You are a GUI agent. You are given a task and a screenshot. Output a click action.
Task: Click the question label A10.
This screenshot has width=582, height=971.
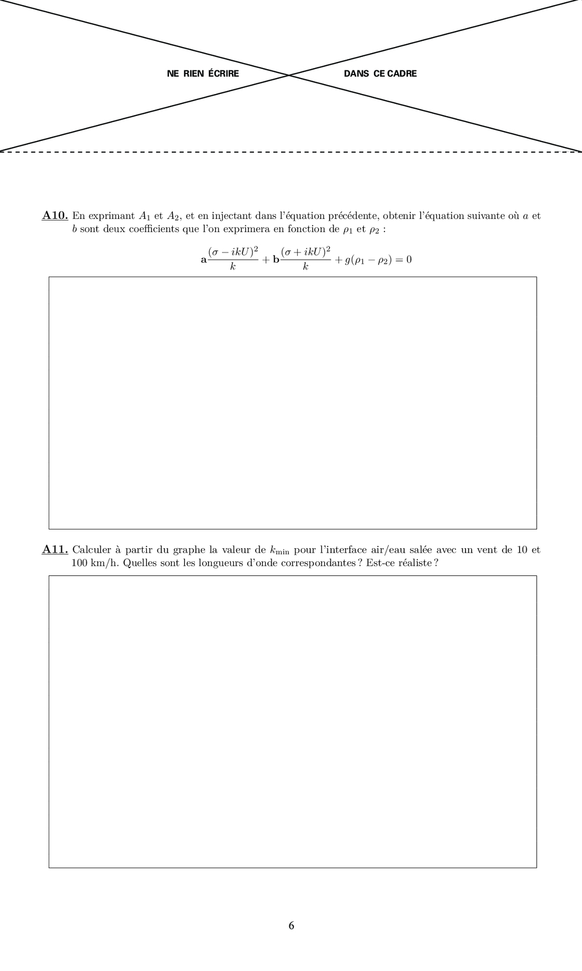click(55, 216)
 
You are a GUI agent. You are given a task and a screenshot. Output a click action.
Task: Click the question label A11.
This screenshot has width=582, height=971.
click(55, 550)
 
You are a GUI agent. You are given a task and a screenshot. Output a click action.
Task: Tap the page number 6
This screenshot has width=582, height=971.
click(291, 926)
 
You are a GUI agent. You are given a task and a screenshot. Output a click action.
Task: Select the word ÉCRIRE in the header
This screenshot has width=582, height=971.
click(224, 74)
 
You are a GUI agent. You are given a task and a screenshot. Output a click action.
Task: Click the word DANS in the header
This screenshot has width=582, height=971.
click(356, 74)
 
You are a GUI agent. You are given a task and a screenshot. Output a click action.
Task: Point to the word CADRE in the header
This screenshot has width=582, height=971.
click(402, 74)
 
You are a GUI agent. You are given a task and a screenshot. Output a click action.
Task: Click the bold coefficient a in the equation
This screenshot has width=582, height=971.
click(203, 260)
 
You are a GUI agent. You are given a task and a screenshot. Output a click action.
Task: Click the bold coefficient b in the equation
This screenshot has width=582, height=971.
click(276, 260)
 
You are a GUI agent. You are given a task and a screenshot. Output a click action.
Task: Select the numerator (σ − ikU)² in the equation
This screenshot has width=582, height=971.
click(233, 252)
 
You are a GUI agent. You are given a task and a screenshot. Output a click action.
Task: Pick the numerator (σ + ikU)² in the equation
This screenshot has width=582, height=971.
click(305, 252)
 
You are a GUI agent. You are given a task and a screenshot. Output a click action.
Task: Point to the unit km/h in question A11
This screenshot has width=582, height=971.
click(103, 564)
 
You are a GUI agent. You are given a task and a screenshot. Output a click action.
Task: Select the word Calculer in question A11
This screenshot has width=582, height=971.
click(92, 550)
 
